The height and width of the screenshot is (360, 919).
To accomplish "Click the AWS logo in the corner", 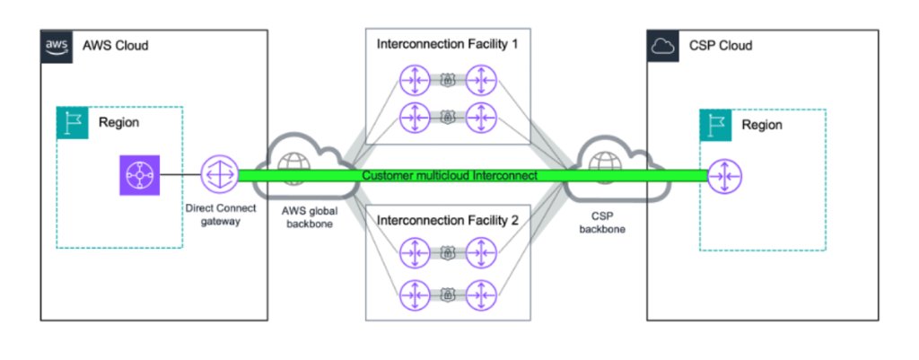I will [x=56, y=46].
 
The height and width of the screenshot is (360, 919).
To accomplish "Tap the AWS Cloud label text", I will [x=115, y=46].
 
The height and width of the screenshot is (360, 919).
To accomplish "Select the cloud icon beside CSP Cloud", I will [x=662, y=46].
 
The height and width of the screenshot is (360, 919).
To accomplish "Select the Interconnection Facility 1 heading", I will [x=447, y=43].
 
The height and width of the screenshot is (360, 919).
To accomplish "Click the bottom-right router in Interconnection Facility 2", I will [x=482, y=292].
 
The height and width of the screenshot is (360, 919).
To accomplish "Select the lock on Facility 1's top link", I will [x=447, y=81].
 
